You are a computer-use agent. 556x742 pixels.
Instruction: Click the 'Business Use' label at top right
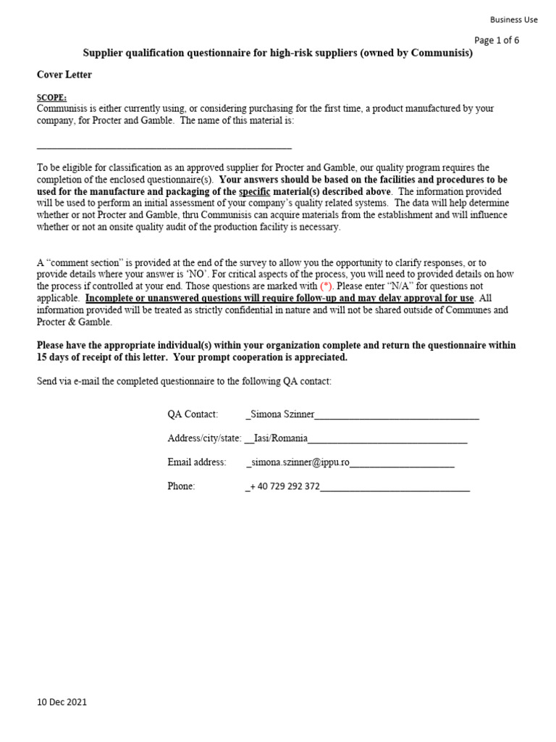tap(513, 20)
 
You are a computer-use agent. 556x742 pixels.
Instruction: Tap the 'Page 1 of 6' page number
tap(497, 41)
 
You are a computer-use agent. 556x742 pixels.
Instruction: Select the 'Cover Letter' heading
tap(64, 75)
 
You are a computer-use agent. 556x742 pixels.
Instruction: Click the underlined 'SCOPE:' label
tap(51, 97)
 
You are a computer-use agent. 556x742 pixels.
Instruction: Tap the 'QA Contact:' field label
tap(193, 414)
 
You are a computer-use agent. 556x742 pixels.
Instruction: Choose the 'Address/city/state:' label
tap(204, 438)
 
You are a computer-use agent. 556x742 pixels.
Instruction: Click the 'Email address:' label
tap(197, 462)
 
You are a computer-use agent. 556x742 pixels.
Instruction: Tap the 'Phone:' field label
tap(181, 486)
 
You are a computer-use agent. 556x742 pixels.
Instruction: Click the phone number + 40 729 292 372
tap(285, 486)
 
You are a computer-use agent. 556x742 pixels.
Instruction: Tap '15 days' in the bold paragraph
tap(56, 357)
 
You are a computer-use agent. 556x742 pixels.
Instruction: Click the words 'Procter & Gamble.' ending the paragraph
tap(75, 322)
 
